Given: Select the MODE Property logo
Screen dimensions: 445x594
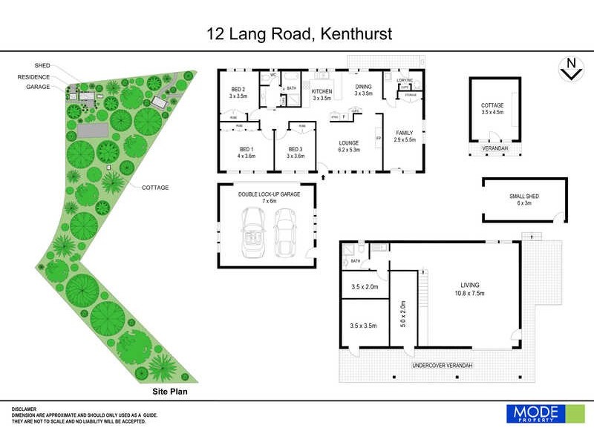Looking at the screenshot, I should pyautogui.click(x=535, y=414).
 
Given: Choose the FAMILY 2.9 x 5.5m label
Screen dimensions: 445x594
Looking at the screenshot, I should pyautogui.click(x=404, y=136).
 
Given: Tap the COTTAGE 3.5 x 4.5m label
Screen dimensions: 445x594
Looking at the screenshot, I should pyautogui.click(x=492, y=109).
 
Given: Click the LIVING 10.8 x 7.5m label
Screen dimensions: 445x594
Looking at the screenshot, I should pyautogui.click(x=469, y=289).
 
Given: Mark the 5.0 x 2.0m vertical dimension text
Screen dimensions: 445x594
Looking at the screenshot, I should pyautogui.click(x=403, y=314).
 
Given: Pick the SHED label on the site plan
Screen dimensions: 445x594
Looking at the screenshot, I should pyautogui.click(x=42, y=65).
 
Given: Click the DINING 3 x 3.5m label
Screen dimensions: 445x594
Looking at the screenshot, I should pyautogui.click(x=363, y=90).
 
